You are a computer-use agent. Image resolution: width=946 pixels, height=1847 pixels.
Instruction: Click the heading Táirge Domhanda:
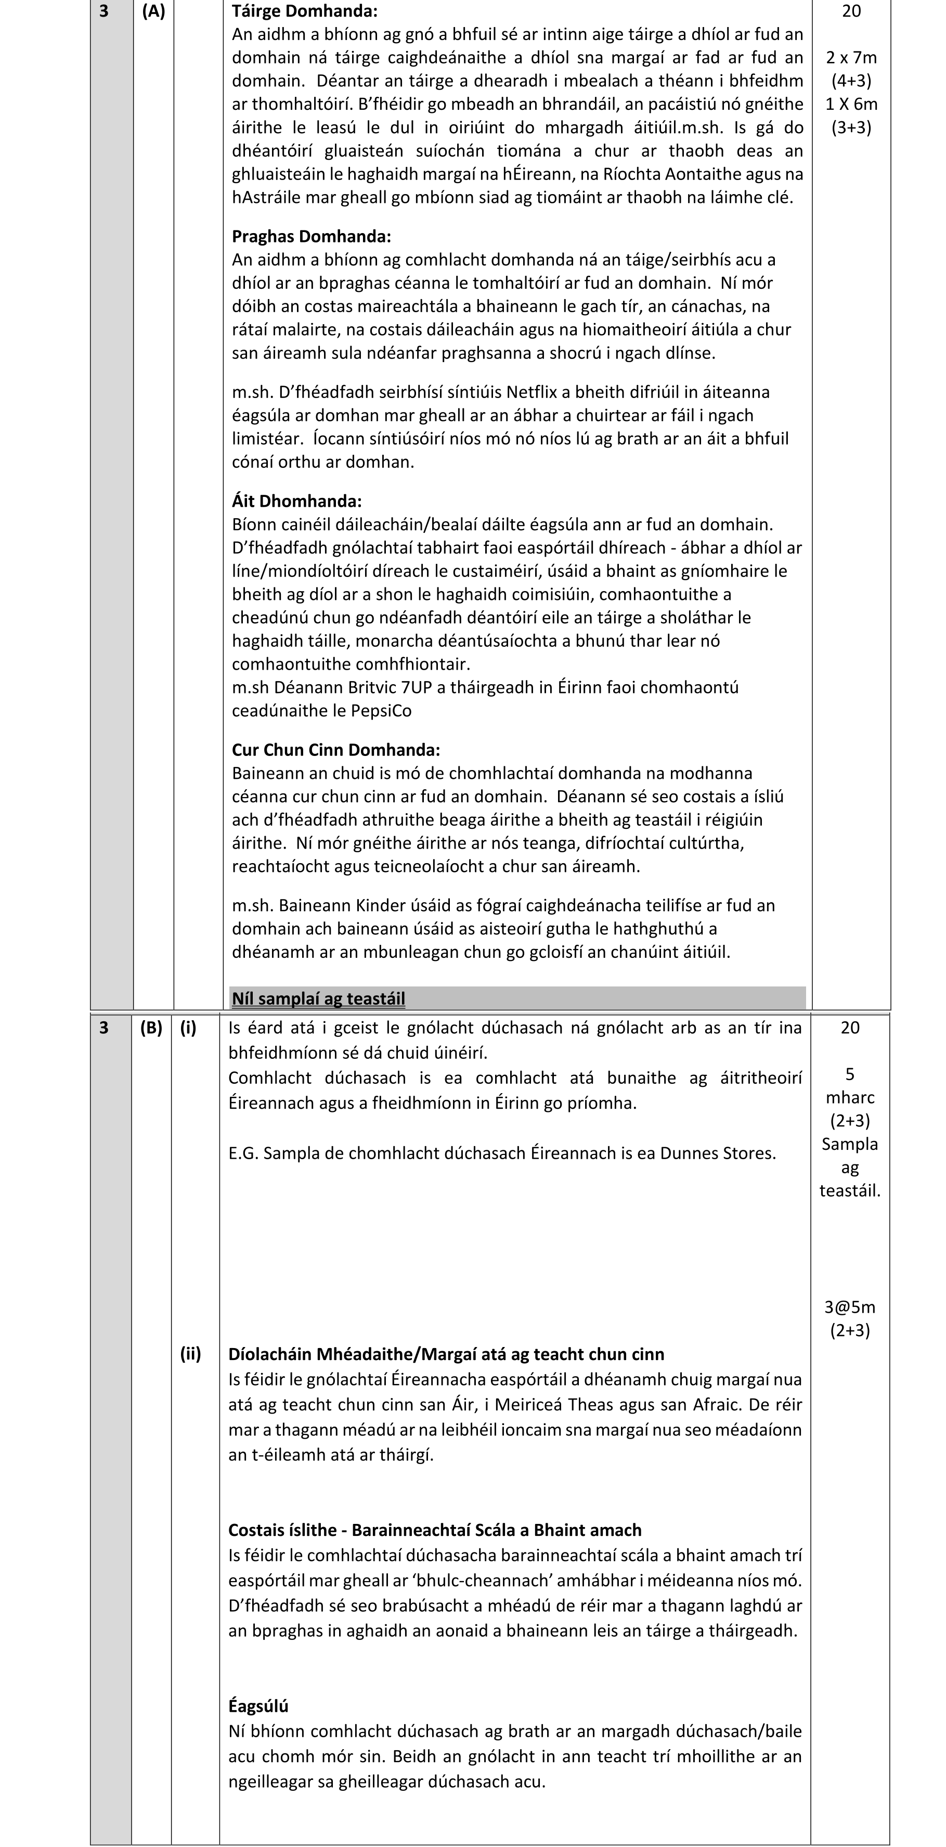pyautogui.click(x=304, y=11)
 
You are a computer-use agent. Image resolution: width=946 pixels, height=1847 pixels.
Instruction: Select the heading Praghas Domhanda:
pyautogui.click(x=311, y=236)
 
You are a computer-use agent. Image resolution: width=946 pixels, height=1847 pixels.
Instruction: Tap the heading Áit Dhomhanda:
pyautogui.click(x=296, y=501)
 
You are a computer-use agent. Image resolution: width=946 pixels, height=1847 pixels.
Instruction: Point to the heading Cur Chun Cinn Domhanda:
pyautogui.click(x=335, y=749)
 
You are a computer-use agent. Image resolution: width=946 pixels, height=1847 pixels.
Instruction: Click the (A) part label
pyautogui.click(x=153, y=11)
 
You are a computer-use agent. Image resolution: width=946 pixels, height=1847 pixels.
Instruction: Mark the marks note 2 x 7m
pyautogui.click(x=851, y=57)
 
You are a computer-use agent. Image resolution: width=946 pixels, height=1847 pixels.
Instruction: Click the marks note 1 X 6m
pyautogui.click(x=851, y=104)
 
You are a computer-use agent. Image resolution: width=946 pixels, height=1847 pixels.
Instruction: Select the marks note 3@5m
pyautogui.click(x=849, y=1307)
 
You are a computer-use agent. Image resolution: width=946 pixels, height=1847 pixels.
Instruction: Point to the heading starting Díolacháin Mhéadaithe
pyautogui.click(x=446, y=1354)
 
